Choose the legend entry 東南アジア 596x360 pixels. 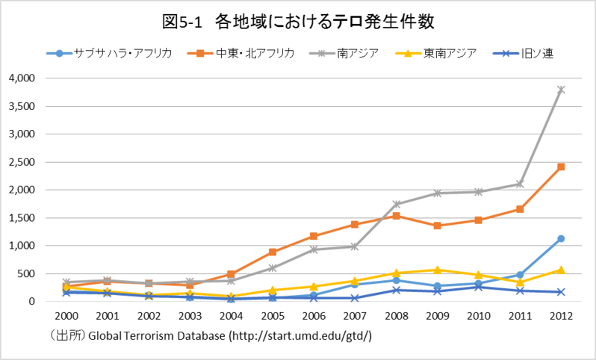(449, 53)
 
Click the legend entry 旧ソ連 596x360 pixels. (537, 53)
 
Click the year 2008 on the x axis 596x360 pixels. (397, 316)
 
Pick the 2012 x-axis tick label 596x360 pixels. (561, 316)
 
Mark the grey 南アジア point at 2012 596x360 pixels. (561, 90)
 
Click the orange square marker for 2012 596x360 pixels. (561, 167)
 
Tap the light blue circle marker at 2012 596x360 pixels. (561, 239)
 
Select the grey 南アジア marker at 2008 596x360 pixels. (397, 204)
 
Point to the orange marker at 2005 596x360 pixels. (273, 252)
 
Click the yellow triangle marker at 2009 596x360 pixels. (438, 270)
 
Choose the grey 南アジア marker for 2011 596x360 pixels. (520, 184)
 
